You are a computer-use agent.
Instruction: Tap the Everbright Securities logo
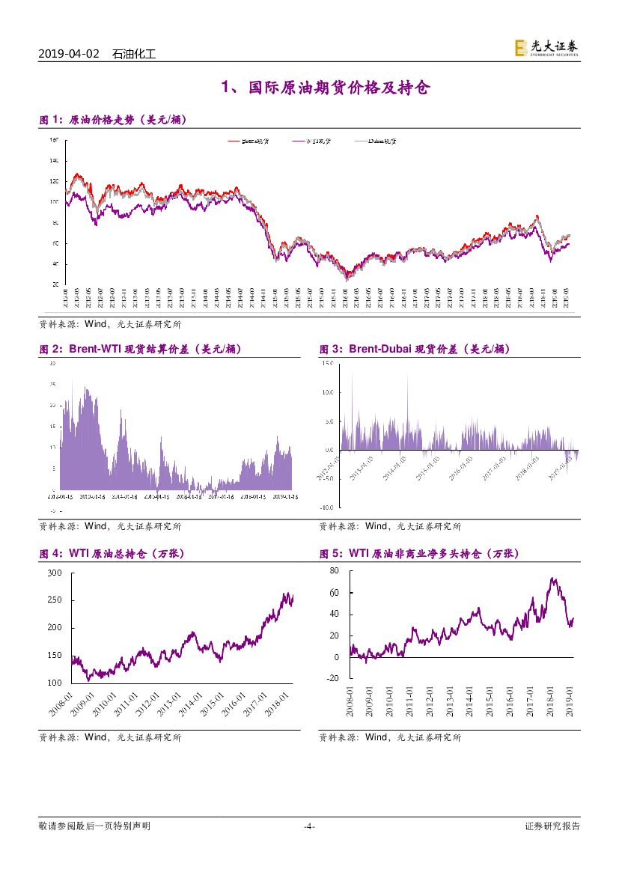(546, 49)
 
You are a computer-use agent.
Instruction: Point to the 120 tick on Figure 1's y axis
(53, 181)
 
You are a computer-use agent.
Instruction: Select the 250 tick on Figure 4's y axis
(54, 600)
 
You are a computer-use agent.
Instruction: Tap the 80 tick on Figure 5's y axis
(334, 571)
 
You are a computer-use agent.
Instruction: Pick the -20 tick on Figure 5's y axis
(332, 679)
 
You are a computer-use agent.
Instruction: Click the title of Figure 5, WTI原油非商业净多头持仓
(419, 554)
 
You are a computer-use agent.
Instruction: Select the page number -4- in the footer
(309, 826)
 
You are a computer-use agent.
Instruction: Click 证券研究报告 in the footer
(552, 826)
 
